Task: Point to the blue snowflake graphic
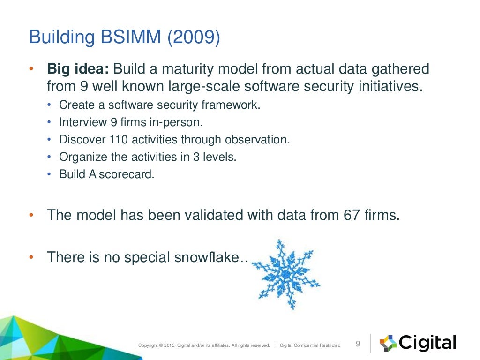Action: (285, 274)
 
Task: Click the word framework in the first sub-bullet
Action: (234, 105)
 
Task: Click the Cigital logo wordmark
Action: (427, 343)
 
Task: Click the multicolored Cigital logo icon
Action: (388, 343)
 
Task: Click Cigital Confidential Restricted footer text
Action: (310, 345)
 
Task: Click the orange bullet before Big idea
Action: (31, 69)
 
